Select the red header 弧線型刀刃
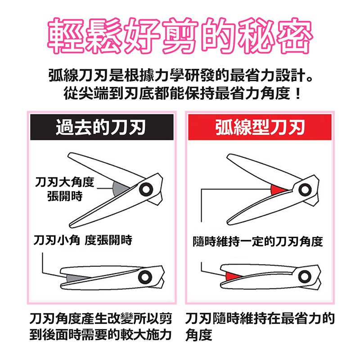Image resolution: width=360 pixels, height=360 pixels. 260,127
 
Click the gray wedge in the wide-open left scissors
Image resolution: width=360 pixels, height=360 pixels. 119,189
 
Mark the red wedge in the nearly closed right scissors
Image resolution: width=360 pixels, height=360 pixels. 232,276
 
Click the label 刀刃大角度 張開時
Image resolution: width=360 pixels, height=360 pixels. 65,189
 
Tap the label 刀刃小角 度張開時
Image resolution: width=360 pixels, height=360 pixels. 83,240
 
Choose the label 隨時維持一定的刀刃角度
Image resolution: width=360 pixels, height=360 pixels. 258,241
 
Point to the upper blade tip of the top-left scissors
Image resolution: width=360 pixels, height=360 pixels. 68,155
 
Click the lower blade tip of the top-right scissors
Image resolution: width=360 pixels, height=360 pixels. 228,222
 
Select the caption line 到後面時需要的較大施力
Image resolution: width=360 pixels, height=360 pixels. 100,335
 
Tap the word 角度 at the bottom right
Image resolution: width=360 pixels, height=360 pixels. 199,335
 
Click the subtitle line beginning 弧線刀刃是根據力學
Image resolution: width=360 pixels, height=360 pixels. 180,75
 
